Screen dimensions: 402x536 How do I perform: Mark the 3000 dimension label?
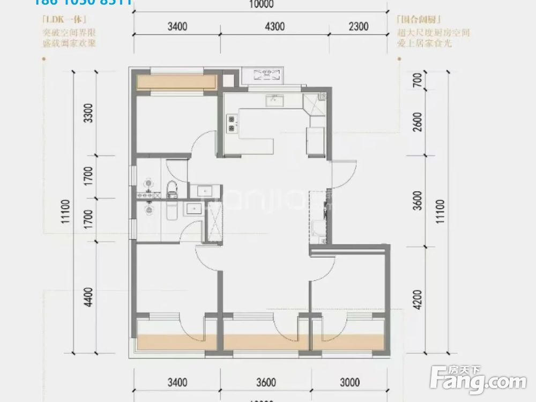coord(349,383)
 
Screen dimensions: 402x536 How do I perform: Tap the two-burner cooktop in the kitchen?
coord(232,123)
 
